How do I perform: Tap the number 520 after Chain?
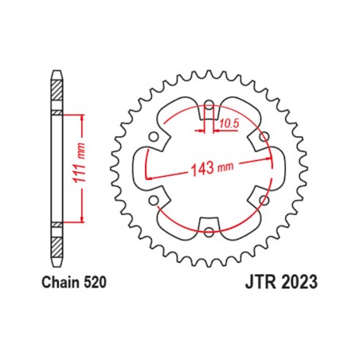(93, 282)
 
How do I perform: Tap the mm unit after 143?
(225, 169)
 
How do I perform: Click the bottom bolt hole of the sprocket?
(209, 232)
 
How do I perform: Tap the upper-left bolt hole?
(154, 136)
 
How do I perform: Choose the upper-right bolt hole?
(264, 136)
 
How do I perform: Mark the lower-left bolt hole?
(154, 200)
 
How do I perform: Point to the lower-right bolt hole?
(264, 200)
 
